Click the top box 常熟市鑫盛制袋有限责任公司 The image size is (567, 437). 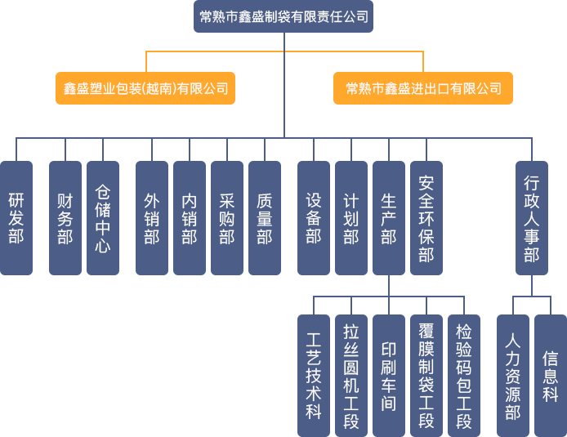coord(283,16)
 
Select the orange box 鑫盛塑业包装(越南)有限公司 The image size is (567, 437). coord(145,88)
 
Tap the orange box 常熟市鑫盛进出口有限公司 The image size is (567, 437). coord(423,88)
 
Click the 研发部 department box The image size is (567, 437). coord(16,218)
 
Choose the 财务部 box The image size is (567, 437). coord(65,218)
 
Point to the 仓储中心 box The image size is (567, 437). coord(103,218)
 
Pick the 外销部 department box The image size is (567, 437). coord(152,218)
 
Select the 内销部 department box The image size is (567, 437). coord(190,218)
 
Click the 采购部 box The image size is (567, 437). coord(227,218)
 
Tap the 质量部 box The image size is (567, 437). coord(265,218)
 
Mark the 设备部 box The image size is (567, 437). coord(314,218)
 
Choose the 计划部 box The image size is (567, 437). coord(351,218)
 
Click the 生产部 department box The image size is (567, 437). coord(389,218)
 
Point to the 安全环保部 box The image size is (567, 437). coord(426,218)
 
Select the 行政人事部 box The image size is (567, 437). coord(532,218)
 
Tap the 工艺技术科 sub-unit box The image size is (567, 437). coord(314,375)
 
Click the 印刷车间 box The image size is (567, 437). coord(389,375)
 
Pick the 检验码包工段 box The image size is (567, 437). coord(464,375)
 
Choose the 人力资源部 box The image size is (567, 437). coord(513,375)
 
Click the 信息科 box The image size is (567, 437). coord(551,375)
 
